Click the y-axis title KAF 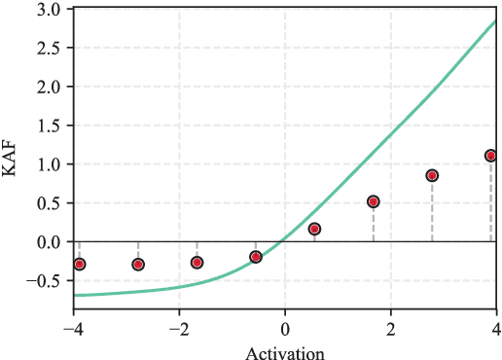tap(11, 159)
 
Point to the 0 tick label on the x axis tap(285, 326)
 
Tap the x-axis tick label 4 tap(496, 326)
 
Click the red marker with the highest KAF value tap(491, 156)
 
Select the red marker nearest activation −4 tap(80, 264)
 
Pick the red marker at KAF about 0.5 tap(373, 201)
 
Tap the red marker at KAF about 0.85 tap(432, 175)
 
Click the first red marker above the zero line tap(314, 229)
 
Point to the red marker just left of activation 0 tap(256, 257)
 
